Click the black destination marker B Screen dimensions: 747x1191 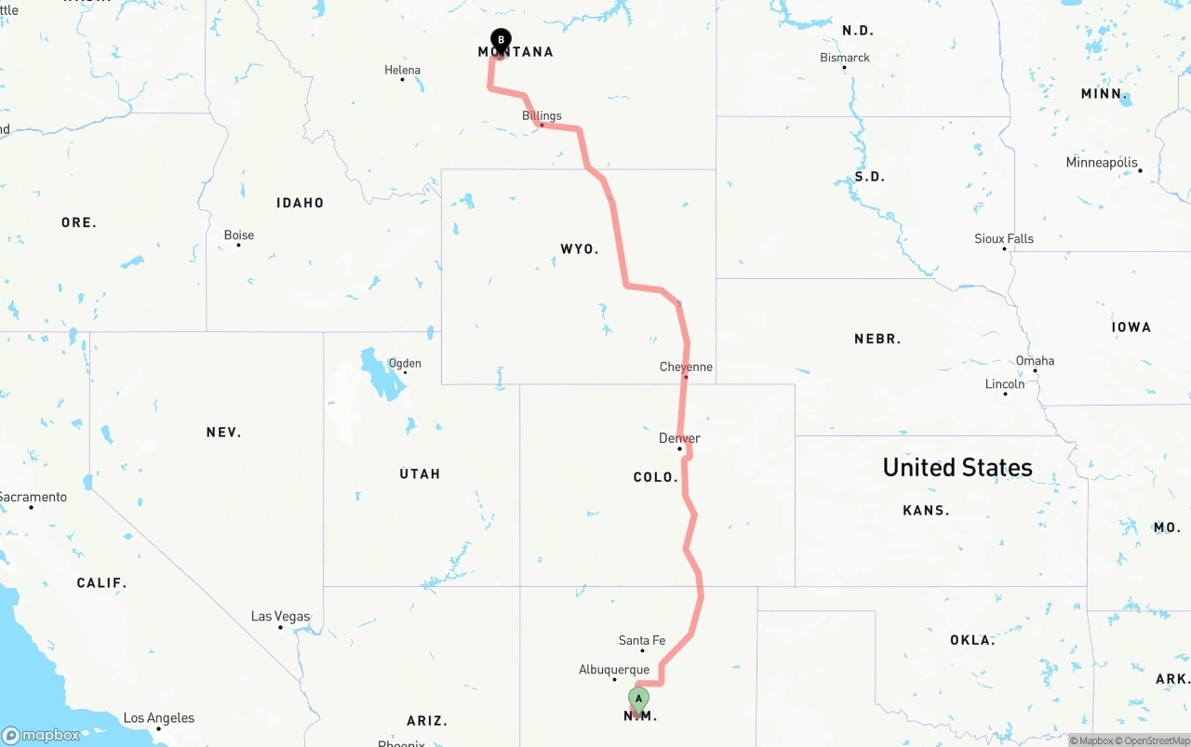tap(501, 40)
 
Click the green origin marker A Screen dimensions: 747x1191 tap(638, 699)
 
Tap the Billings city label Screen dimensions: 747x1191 tap(542, 116)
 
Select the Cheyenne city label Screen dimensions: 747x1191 tap(686, 367)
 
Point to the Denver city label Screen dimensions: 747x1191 tap(679, 438)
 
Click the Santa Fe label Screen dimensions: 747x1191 tap(642, 640)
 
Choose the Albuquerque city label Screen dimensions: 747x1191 tap(614, 670)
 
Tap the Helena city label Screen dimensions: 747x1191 tap(402, 70)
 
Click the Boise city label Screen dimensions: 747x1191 tap(239, 235)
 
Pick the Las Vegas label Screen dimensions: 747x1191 tap(280, 616)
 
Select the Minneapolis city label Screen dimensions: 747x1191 tap(1102, 163)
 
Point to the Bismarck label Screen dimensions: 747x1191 tap(845, 58)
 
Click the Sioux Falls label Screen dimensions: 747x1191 tap(1004, 239)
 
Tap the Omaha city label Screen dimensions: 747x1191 tap(1035, 361)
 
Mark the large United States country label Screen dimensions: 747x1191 tap(957, 467)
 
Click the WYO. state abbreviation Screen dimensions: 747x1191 tap(579, 249)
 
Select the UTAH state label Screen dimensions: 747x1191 tap(420, 474)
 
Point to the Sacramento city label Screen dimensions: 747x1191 tap(33, 497)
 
